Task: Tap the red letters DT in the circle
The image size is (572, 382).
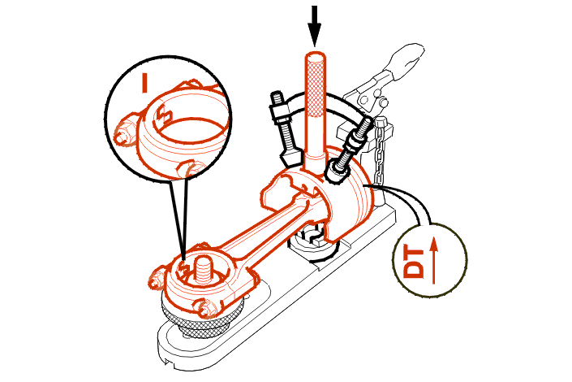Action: point(414,262)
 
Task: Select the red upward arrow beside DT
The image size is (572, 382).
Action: point(433,260)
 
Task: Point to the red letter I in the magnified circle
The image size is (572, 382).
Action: point(144,83)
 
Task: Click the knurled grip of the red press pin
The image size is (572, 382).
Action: point(315,87)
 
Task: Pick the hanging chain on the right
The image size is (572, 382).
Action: point(381,154)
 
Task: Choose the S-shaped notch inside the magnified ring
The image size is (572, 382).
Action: point(164,114)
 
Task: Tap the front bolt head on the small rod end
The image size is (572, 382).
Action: point(206,307)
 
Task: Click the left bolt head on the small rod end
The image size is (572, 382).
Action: point(157,278)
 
